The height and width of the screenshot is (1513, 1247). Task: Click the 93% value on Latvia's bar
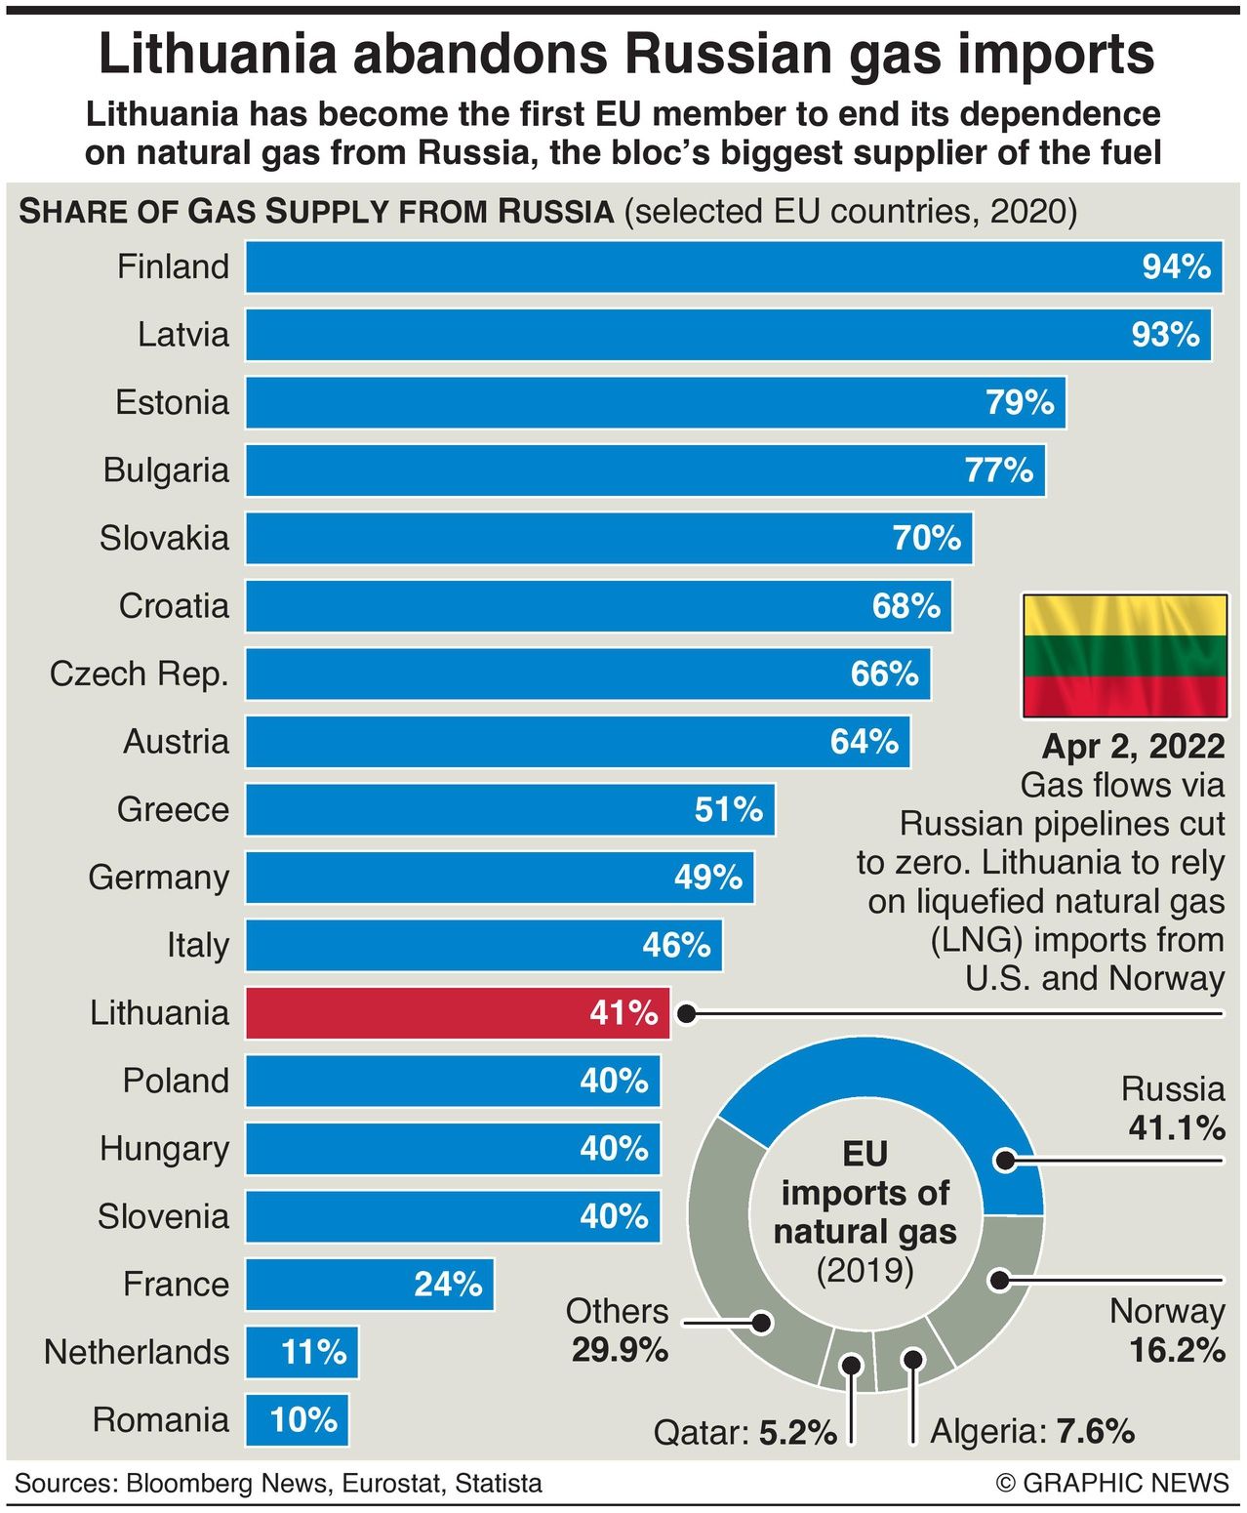point(1165,335)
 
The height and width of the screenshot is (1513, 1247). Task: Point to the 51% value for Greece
point(728,809)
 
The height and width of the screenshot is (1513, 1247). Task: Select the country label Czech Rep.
point(140,674)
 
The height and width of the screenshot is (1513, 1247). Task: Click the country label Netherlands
point(137,1352)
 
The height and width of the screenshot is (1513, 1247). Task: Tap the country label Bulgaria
point(166,470)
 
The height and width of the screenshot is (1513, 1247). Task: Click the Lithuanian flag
point(1124,656)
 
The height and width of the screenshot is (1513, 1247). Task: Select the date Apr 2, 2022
point(1134,746)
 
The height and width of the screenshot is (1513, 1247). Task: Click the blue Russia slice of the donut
point(878,1084)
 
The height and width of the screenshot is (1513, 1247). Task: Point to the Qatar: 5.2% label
point(745,1433)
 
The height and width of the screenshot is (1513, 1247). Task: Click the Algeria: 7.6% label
point(1032,1431)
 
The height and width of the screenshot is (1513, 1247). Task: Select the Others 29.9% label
point(619,1330)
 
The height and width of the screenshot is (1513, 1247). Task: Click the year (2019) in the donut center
point(865,1271)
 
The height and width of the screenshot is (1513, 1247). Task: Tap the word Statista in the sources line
point(499,1484)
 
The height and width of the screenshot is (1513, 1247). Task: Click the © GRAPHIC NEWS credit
point(1112,1484)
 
